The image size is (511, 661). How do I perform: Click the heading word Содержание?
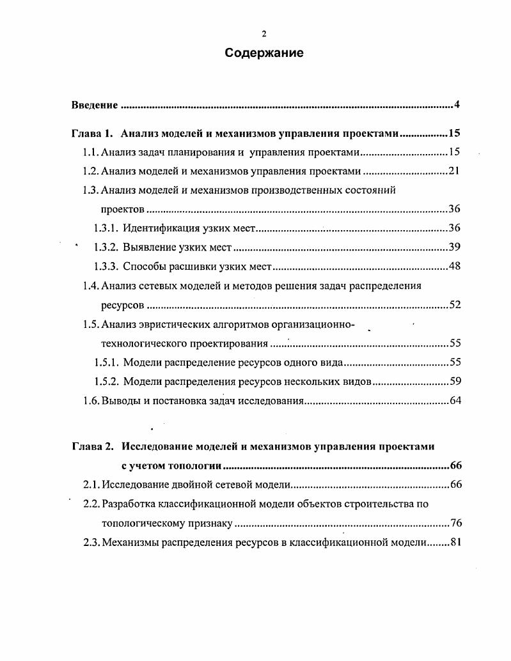point(264,53)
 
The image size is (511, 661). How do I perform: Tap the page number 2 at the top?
point(264,35)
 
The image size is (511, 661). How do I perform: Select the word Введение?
point(94,105)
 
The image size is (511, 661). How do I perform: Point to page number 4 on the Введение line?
point(457,105)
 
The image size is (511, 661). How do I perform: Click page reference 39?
point(455,247)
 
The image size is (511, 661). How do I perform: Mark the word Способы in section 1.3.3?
point(142,267)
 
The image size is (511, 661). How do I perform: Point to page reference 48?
point(455,267)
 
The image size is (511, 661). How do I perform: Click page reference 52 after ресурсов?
point(455,305)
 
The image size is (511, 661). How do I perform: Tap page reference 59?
point(455,382)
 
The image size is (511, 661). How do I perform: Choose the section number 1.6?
point(90,401)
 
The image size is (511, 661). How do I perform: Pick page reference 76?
point(455,524)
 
